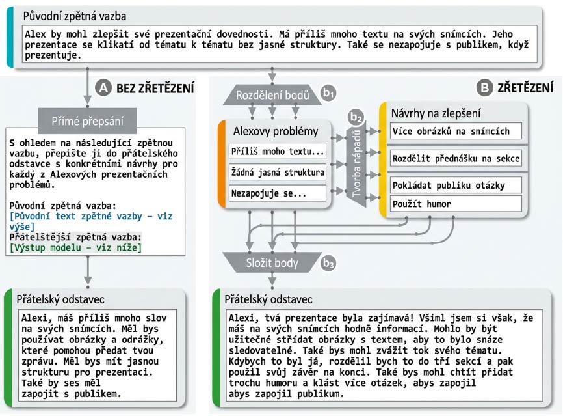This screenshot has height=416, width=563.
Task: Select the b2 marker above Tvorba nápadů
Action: click(x=355, y=118)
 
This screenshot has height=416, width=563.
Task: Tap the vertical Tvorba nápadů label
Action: click(x=356, y=165)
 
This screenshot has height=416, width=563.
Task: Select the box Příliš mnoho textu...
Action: click(x=278, y=152)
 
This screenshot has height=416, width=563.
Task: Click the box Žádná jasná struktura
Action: click(x=278, y=173)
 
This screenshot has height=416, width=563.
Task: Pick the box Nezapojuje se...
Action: click(x=278, y=193)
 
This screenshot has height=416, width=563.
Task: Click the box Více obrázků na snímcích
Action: click(x=456, y=131)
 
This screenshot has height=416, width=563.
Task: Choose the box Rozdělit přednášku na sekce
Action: click(x=456, y=158)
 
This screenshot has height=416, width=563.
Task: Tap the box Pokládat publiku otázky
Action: click(x=456, y=185)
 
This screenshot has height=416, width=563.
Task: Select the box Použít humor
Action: click(x=456, y=204)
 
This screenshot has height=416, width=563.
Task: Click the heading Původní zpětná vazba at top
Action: click(x=75, y=15)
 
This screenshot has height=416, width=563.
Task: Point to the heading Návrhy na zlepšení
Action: click(x=436, y=113)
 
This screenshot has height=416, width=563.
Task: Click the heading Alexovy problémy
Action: click(x=276, y=132)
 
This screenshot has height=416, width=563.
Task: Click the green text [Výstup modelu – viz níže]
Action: click(x=76, y=247)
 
